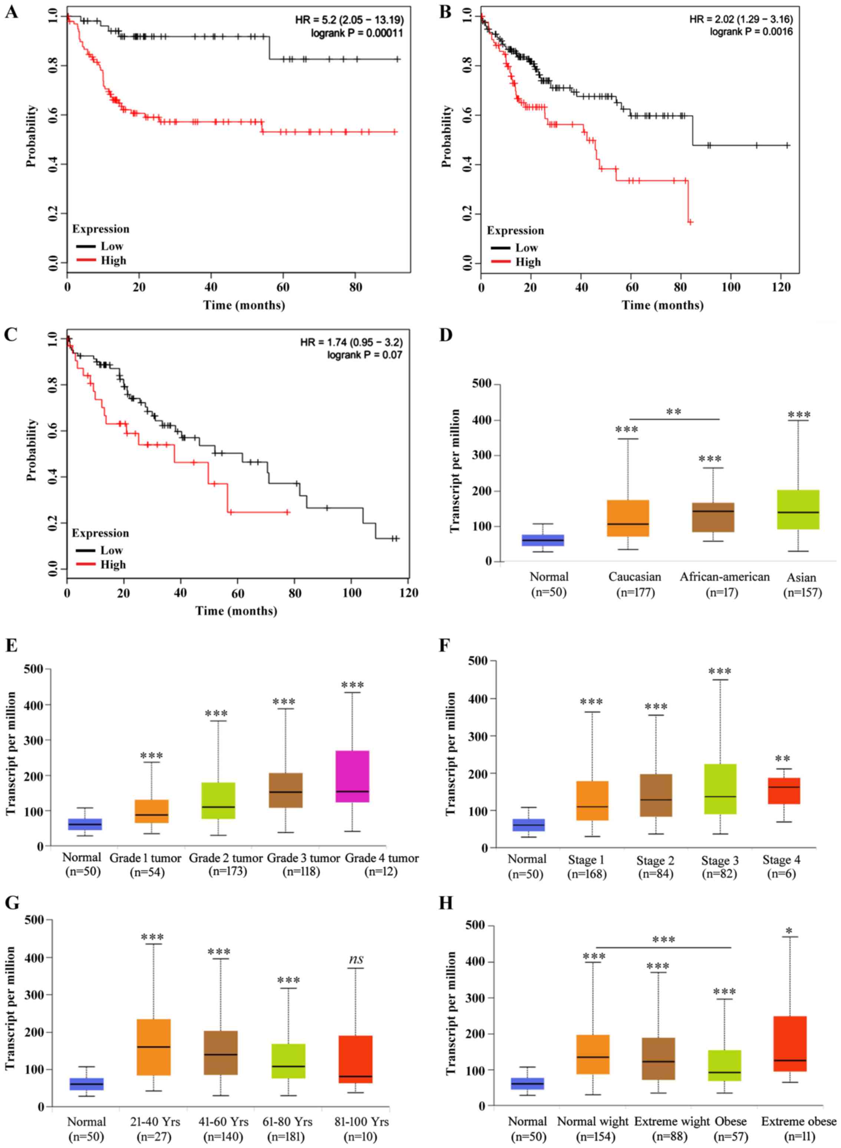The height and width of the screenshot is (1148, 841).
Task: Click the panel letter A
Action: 11,11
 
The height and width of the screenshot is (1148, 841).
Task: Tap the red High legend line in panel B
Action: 501,262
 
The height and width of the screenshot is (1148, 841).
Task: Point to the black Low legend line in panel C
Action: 86,550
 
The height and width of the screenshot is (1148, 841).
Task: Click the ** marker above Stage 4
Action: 782,759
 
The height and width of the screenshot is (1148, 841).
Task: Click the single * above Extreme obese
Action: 789,931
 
